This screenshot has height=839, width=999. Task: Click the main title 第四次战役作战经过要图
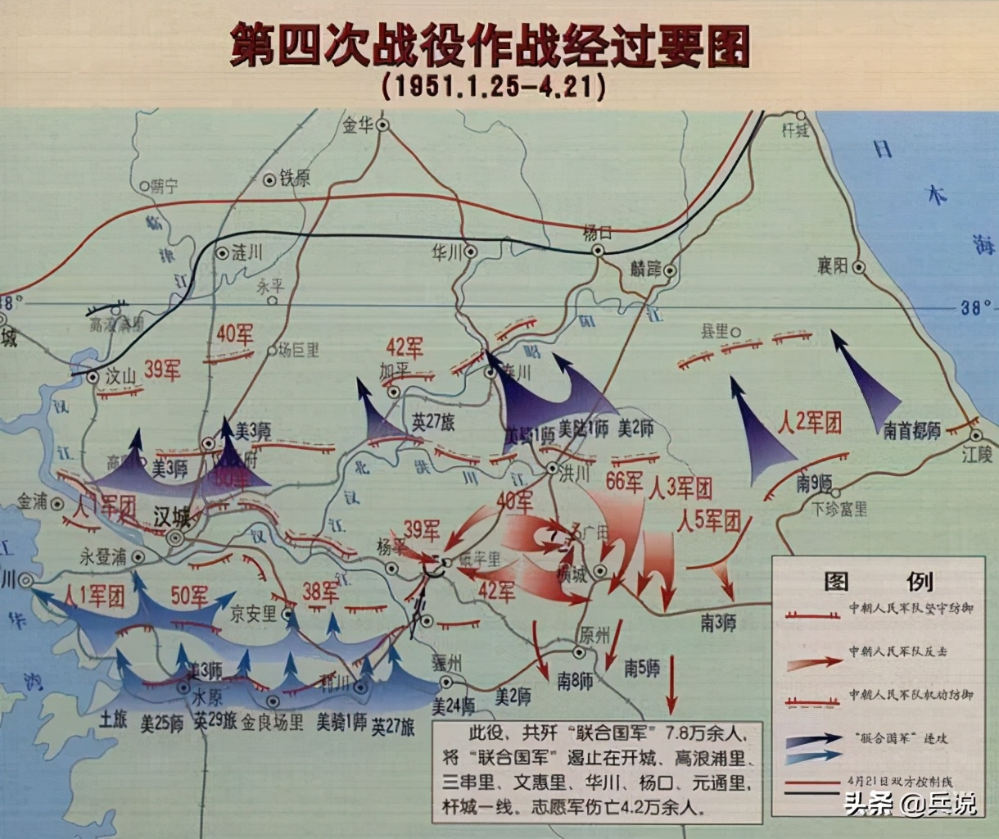(490, 47)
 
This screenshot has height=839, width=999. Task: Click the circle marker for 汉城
(174, 538)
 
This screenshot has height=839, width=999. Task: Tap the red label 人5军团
(709, 520)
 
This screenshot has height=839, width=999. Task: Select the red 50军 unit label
(189, 596)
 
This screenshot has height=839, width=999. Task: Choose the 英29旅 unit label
(215, 722)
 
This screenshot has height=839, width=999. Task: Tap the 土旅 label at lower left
(114, 720)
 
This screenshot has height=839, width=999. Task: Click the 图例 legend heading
(877, 582)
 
